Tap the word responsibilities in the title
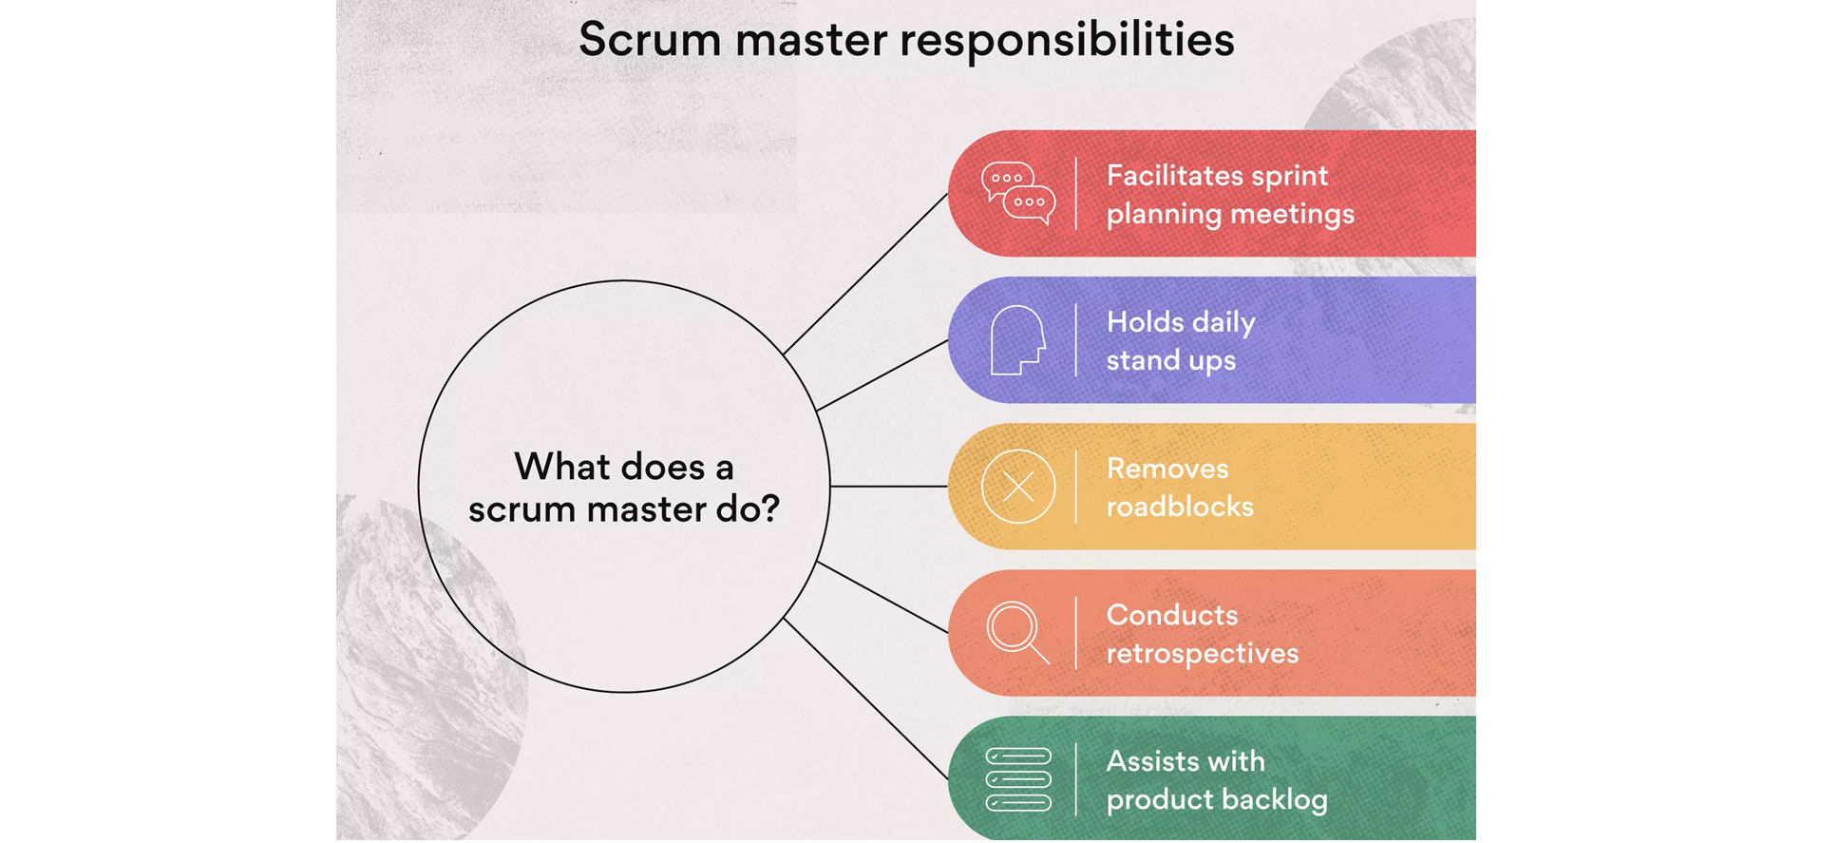pos(1067,42)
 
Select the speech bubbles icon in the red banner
pos(1017,193)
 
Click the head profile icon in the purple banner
pos(1016,340)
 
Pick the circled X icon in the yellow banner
pos(1017,487)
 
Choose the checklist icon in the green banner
pos(1017,779)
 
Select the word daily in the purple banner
pos(1223,323)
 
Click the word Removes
pos(1167,469)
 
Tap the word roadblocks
pos(1180,507)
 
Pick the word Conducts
pos(1172,615)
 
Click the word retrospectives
pos(1202,654)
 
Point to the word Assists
pos(1150,761)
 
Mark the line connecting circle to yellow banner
pos(888,487)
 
